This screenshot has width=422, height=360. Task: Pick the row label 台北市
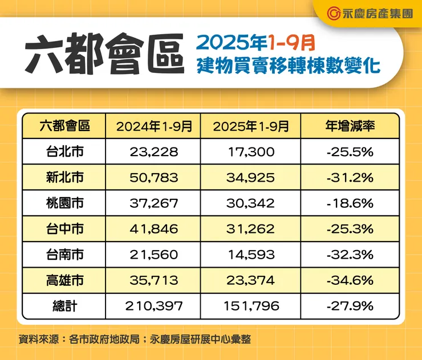pyautogui.click(x=65, y=152)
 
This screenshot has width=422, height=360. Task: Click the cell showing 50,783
pyautogui.click(x=154, y=178)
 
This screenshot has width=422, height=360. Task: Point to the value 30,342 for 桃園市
pyautogui.click(x=251, y=203)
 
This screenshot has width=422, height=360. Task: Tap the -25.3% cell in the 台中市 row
pyautogui.click(x=350, y=229)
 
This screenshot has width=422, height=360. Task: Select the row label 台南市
pyautogui.click(x=65, y=255)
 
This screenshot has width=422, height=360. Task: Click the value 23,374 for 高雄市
pyautogui.click(x=251, y=280)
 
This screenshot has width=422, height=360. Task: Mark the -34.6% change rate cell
pyautogui.click(x=350, y=280)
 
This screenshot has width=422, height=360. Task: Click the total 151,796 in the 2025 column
pyautogui.click(x=251, y=306)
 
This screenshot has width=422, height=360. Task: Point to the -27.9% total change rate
pyautogui.click(x=350, y=306)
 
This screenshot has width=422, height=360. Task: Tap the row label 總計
pyautogui.click(x=65, y=306)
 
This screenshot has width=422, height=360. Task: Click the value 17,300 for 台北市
pyautogui.click(x=251, y=152)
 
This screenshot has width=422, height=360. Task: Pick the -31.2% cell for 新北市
pyautogui.click(x=350, y=178)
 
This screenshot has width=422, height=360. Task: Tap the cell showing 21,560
pyautogui.click(x=154, y=255)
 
